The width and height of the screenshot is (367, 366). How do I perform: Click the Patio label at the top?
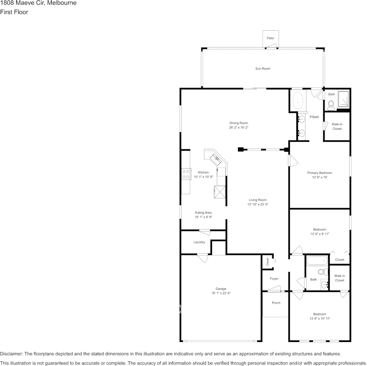click(x=270, y=38)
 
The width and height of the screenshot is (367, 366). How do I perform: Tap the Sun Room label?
click(x=263, y=68)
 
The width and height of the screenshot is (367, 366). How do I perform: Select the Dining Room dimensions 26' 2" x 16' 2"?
click(x=238, y=127)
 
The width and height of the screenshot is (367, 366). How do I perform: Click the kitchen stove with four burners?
click(x=186, y=174)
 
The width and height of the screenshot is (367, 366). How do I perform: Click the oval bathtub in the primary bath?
click(x=297, y=101)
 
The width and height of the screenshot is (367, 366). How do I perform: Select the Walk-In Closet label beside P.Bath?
click(x=337, y=126)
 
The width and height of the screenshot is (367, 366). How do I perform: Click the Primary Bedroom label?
click(x=319, y=173)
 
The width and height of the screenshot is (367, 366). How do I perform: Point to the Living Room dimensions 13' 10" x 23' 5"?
click(x=258, y=204)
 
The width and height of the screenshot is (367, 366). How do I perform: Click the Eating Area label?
click(x=203, y=212)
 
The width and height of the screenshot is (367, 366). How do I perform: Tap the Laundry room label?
click(x=199, y=242)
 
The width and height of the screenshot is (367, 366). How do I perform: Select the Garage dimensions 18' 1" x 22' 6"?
click(x=221, y=293)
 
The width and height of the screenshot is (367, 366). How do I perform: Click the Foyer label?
click(x=274, y=279)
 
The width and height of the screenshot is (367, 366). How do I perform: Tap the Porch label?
click(x=276, y=303)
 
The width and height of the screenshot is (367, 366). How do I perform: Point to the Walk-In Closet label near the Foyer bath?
click(x=340, y=278)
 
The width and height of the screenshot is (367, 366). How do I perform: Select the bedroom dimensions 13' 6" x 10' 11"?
click(x=319, y=318)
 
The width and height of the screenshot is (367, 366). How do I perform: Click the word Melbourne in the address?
click(x=61, y=3)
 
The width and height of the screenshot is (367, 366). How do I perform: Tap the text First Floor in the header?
click(x=14, y=12)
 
